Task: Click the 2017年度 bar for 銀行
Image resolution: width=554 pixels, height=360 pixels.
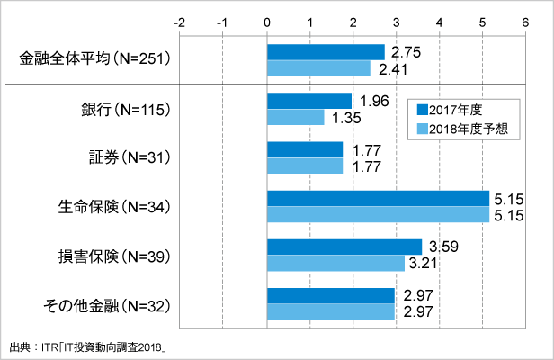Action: pos(309,101)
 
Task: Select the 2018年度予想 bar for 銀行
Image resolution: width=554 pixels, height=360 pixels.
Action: pos(296,117)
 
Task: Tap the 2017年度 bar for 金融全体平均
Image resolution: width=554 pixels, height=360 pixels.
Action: pos(326,52)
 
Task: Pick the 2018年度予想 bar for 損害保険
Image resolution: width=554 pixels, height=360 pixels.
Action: pos(335,263)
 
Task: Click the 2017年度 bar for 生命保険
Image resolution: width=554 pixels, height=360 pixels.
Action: pos(378,198)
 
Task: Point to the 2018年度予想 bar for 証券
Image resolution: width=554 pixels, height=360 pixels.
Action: pos(305,166)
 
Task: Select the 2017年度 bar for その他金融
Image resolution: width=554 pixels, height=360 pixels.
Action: pos(331,295)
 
